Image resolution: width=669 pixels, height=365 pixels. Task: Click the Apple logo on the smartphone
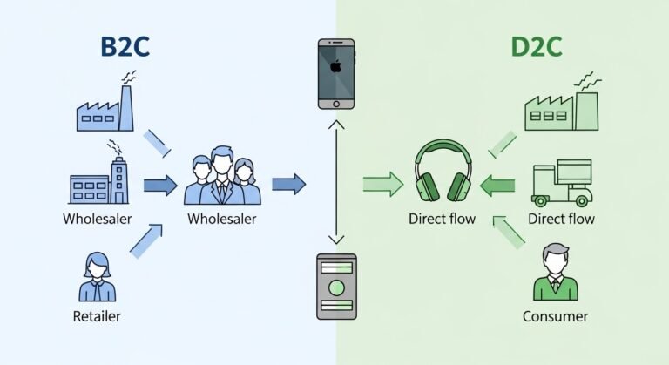click(x=335, y=66)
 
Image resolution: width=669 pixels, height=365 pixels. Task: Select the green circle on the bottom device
click(x=335, y=288)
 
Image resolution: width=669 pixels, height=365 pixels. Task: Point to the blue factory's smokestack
click(x=126, y=100)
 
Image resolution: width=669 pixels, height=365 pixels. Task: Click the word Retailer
click(x=98, y=316)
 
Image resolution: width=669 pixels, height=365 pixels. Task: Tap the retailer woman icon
click(x=98, y=277)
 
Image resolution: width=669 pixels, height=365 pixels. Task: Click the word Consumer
click(x=555, y=316)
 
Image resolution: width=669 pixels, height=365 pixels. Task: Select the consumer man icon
click(x=555, y=272)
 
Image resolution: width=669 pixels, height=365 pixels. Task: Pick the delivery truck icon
click(x=562, y=182)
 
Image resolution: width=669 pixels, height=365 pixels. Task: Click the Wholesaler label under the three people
click(x=222, y=219)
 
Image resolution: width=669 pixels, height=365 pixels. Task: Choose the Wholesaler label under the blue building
click(x=98, y=218)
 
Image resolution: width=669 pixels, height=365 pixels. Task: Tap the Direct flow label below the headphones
click(x=442, y=219)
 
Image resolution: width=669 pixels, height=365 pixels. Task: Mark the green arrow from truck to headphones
click(x=498, y=184)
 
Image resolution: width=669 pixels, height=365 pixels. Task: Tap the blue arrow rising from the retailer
click(x=146, y=240)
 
